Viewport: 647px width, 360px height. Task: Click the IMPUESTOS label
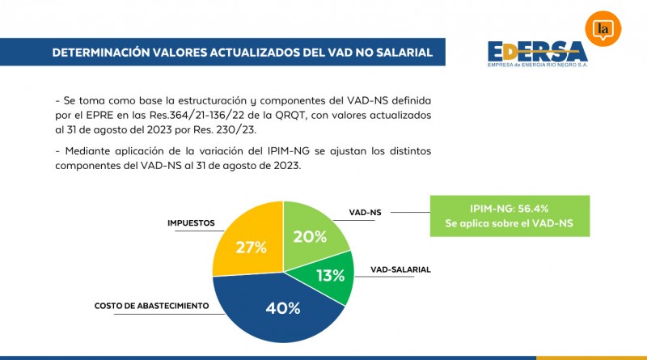(190, 222)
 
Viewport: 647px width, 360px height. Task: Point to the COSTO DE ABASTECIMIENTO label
(152, 306)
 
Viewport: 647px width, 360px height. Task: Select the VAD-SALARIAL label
(400, 268)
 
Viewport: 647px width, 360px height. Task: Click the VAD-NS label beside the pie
(365, 212)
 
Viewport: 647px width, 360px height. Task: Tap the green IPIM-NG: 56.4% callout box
(509, 214)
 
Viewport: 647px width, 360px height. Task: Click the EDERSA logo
(537, 53)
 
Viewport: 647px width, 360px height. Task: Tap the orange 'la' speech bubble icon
(602, 30)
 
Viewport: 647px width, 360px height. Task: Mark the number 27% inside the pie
(251, 248)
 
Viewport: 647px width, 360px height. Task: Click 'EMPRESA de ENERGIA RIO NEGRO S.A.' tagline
(538, 66)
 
